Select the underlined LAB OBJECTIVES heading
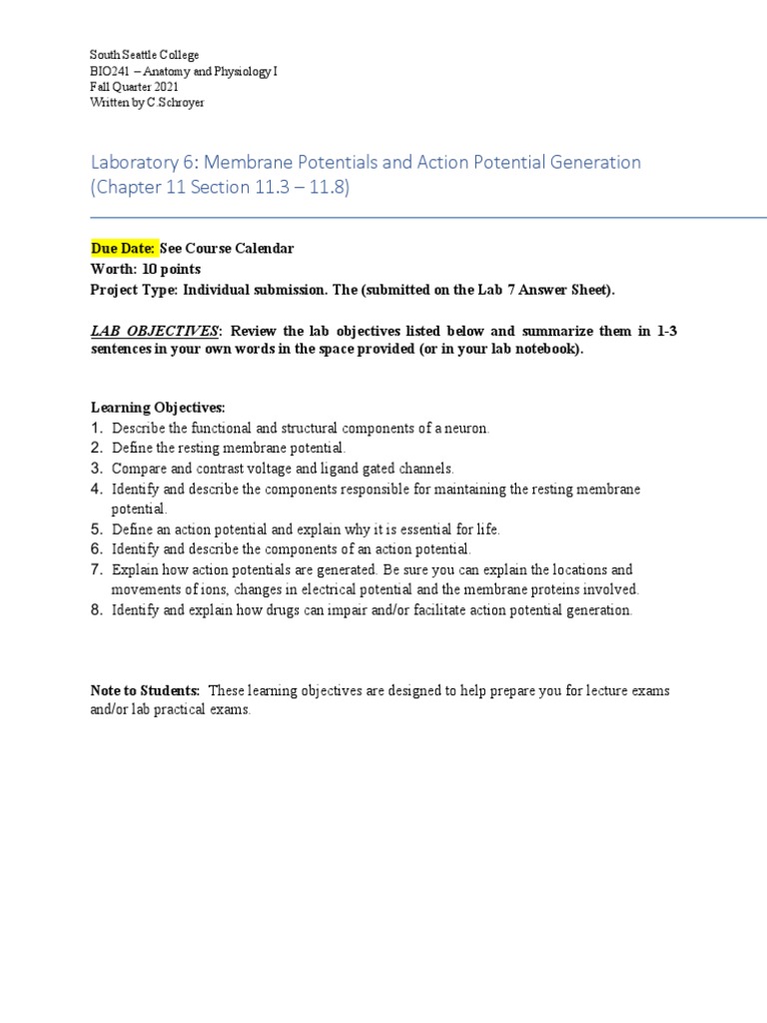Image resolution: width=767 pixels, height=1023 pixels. coord(156,332)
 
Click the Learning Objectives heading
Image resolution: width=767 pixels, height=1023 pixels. coord(158,408)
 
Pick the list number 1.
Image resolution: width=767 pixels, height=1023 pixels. coord(97,428)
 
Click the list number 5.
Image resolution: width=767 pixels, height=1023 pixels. coord(97,528)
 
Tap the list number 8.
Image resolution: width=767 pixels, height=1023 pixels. coord(97,609)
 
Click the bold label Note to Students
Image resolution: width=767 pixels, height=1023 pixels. coord(146,690)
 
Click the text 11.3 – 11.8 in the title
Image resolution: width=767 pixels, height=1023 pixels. coord(301,187)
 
